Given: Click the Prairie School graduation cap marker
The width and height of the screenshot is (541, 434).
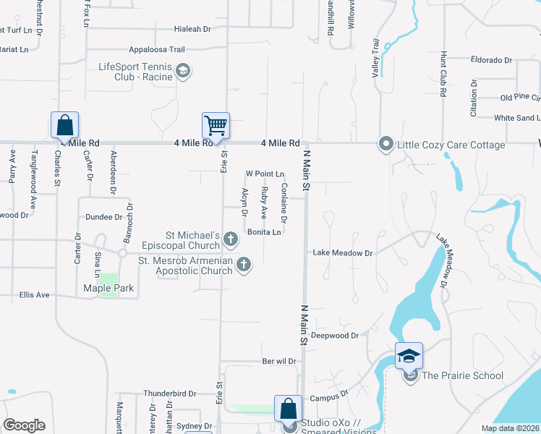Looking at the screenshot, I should (x=409, y=356).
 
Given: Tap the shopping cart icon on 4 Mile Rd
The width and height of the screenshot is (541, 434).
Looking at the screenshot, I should (x=216, y=126).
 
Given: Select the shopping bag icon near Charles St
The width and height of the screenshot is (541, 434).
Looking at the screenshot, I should (x=64, y=125).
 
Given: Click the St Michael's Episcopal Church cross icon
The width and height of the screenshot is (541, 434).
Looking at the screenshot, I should (x=231, y=238).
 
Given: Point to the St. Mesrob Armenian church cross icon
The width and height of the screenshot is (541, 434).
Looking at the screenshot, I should (x=244, y=265).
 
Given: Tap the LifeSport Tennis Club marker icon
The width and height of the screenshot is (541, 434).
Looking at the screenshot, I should (x=184, y=71).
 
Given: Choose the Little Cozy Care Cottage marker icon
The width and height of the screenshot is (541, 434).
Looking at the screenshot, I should (x=385, y=145).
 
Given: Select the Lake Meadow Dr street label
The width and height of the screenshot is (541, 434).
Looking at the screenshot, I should (x=342, y=253).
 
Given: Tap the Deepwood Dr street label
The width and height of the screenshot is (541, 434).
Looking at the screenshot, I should (x=335, y=336).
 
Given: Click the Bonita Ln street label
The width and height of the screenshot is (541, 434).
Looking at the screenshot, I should (x=264, y=232).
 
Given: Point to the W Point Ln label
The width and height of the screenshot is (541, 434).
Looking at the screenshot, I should (x=265, y=174).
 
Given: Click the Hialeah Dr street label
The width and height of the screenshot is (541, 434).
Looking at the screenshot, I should (x=192, y=30).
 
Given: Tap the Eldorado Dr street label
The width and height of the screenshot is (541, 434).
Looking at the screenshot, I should (x=491, y=60).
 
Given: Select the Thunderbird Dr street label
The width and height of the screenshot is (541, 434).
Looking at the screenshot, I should (x=170, y=393).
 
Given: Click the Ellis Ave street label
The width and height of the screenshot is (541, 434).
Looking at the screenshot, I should (x=34, y=295).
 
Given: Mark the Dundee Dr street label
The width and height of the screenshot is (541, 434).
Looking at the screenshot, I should (x=103, y=216).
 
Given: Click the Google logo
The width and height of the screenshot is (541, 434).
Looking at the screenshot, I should (x=25, y=425).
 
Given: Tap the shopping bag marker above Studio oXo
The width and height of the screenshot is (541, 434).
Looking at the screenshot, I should (x=289, y=409).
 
